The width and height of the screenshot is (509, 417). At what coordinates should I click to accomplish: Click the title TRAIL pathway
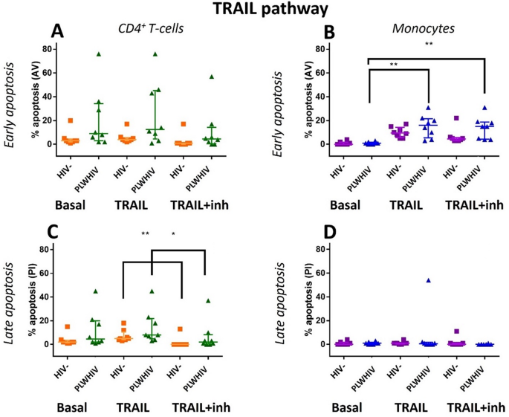tap(253, 10)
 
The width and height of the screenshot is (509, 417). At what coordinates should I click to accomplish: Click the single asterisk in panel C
tap(173, 236)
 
